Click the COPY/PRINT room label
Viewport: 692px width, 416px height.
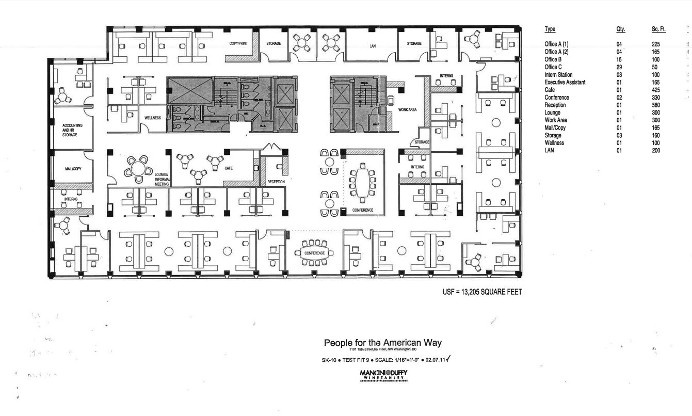pyautogui.click(x=238, y=43)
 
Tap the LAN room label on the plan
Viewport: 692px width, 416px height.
pyautogui.click(x=373, y=46)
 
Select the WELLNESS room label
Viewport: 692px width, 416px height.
pyautogui.click(x=153, y=118)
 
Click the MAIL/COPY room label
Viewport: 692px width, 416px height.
pyautogui.click(x=73, y=169)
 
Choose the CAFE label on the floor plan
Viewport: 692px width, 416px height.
pyautogui.click(x=229, y=168)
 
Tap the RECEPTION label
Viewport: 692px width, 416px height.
pyautogui.click(x=276, y=182)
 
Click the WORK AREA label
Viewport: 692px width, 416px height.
pyautogui.click(x=408, y=110)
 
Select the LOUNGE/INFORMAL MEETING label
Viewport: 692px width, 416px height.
pyautogui.click(x=162, y=179)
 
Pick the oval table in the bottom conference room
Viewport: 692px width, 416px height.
pyautogui.click(x=314, y=253)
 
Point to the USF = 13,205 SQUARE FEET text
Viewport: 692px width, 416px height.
pyautogui.click(x=482, y=292)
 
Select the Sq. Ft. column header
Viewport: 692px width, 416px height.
pyautogui.click(x=658, y=29)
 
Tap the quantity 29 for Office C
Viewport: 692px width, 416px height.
pyautogui.click(x=619, y=67)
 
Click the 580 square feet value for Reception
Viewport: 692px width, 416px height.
pyautogui.click(x=656, y=105)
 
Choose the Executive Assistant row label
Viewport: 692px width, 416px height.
pyautogui.click(x=565, y=82)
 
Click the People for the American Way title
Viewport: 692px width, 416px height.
pyautogui.click(x=382, y=343)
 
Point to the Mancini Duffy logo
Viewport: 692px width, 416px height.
pyautogui.click(x=383, y=374)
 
